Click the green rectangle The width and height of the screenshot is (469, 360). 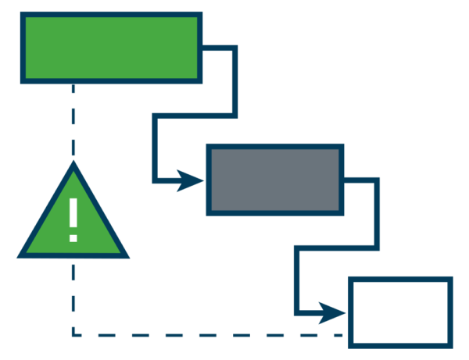pos(111,48)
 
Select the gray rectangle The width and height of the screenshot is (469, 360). pos(274,180)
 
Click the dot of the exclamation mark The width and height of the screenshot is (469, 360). pos(73,237)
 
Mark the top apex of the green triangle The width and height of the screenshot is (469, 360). pos(73,172)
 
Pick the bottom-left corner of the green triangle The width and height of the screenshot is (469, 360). pos(27,252)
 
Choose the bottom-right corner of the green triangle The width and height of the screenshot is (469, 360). pos(120,252)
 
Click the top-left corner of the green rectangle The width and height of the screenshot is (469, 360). pos(27,18)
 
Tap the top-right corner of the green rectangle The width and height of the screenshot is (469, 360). pos(196,18)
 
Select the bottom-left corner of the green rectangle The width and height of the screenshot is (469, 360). pos(27,77)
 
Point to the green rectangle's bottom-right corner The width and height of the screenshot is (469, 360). pos(196,77)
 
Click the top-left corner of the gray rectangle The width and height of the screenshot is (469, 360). pos(212,150)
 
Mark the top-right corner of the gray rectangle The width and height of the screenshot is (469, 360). pos(338,150)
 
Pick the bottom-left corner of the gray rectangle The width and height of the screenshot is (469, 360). pos(212,209)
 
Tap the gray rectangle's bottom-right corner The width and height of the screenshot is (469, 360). pos(338,209)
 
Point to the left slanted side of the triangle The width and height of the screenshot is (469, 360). pos(51,212)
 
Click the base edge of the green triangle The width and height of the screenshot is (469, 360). pos(73,251)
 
